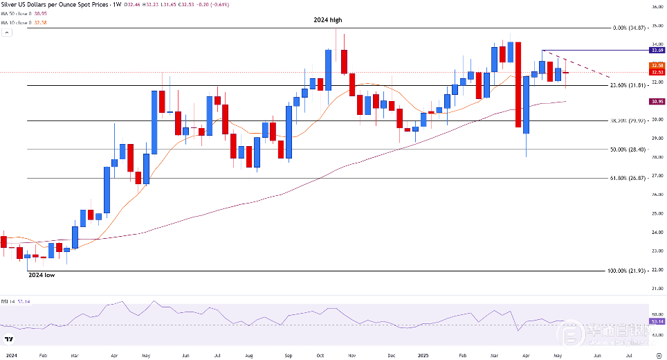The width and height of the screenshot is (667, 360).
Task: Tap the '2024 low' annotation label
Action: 41,275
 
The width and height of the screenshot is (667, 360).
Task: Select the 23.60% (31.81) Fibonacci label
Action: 627,85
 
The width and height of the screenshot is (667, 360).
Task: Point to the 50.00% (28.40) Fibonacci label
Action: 627,149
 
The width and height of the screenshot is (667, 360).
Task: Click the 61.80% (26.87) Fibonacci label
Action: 627,178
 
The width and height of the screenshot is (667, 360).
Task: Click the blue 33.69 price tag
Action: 658,51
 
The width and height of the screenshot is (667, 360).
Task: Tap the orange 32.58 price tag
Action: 658,66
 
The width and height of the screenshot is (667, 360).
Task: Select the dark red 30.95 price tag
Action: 658,102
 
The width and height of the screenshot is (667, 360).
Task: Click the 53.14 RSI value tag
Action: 658,321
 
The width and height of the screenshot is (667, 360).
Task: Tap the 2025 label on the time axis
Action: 424,354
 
